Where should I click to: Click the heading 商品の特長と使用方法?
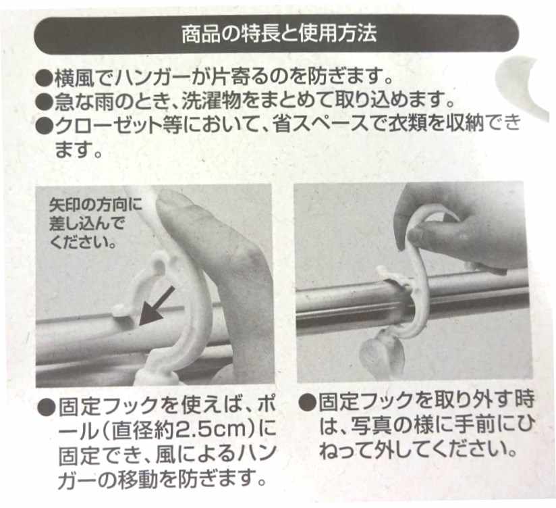[x=278, y=34]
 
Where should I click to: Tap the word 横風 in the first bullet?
[x=69, y=76]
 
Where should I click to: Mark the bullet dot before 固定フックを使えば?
[x=47, y=407]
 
